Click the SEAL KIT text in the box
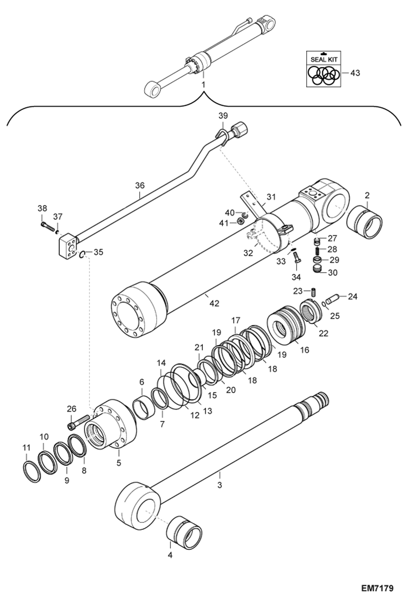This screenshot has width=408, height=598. (x=324, y=59)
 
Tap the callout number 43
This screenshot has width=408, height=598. (x=355, y=73)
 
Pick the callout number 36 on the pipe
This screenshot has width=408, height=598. (x=140, y=185)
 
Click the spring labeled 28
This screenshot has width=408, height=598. (x=318, y=249)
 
